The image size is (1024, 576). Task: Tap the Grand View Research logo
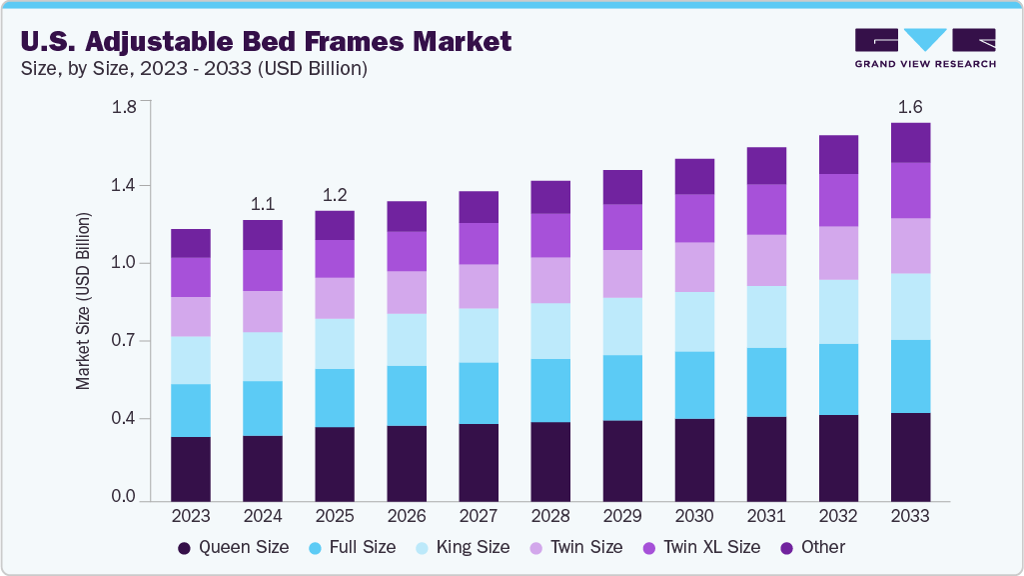pos(925,48)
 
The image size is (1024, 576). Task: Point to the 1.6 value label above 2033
pos(910,106)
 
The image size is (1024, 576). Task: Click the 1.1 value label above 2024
pos(263,203)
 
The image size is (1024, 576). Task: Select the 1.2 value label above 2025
pos(335,194)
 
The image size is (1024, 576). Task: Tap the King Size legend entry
pos(467,547)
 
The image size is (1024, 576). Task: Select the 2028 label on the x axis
pos(550,516)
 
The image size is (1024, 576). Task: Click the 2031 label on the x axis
pos(766,516)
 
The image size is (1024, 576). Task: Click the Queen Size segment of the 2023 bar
pos(191,468)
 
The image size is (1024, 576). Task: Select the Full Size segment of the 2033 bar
pos(910,376)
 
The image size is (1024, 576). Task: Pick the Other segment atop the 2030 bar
pos(694,176)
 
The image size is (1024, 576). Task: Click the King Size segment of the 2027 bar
pos(479,335)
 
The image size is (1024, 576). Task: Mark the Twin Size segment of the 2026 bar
pos(407,292)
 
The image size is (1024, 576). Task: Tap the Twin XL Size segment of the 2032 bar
pos(838,200)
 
